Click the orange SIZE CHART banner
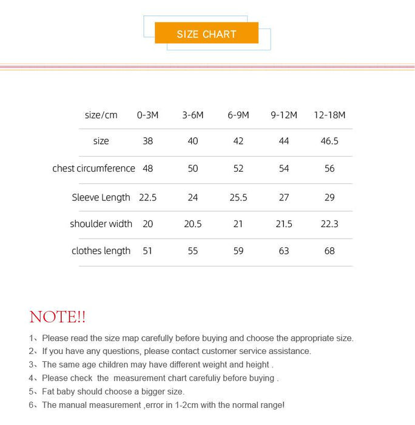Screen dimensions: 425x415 (206, 33)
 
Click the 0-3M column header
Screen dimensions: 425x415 (147, 115)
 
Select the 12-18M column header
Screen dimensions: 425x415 (329, 115)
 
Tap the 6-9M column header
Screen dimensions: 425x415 (238, 115)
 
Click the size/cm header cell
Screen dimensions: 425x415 (101, 115)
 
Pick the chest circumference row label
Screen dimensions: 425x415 (93, 168)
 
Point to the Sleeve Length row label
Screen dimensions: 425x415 (101, 197)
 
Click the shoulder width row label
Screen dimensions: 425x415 (101, 224)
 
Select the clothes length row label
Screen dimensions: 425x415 (101, 251)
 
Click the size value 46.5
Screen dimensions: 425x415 (329, 141)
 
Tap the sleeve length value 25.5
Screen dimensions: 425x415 (238, 197)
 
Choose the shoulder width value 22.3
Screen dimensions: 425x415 (329, 224)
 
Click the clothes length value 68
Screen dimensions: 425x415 (329, 251)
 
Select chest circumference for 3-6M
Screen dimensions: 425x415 (193, 168)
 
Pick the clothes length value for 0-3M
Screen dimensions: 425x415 (147, 251)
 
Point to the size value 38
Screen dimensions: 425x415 (147, 141)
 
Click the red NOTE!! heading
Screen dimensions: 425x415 (58, 317)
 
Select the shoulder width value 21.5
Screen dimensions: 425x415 (284, 224)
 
